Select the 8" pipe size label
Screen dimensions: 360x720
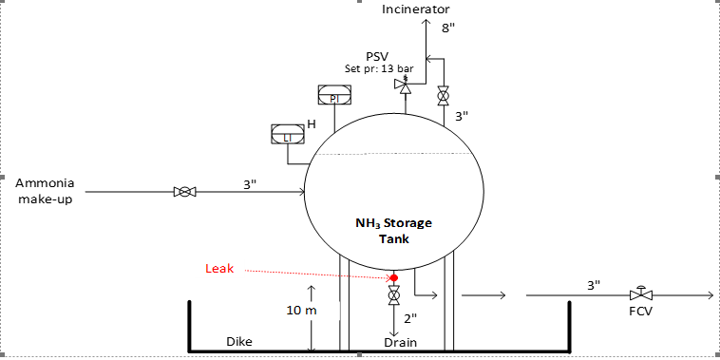pyautogui.click(x=448, y=28)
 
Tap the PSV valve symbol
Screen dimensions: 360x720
pyautogui.click(x=404, y=86)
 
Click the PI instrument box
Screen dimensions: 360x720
pyautogui.click(x=333, y=95)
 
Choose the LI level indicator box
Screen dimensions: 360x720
pyautogui.click(x=287, y=134)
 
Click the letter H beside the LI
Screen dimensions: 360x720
pyautogui.click(x=311, y=123)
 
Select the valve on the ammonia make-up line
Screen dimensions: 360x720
pyautogui.click(x=184, y=192)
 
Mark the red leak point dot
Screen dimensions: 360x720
pyautogui.click(x=393, y=277)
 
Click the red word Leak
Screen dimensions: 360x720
pyautogui.click(x=219, y=269)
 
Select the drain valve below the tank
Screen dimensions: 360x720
pyautogui.click(x=393, y=295)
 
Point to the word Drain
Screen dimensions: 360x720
pyautogui.click(x=400, y=341)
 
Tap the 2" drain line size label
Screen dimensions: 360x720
pyautogui.click(x=410, y=318)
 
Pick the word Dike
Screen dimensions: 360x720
pyautogui.click(x=238, y=340)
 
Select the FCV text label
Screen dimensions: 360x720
pyautogui.click(x=640, y=312)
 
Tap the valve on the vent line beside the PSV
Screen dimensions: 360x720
pyautogui.click(x=443, y=96)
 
